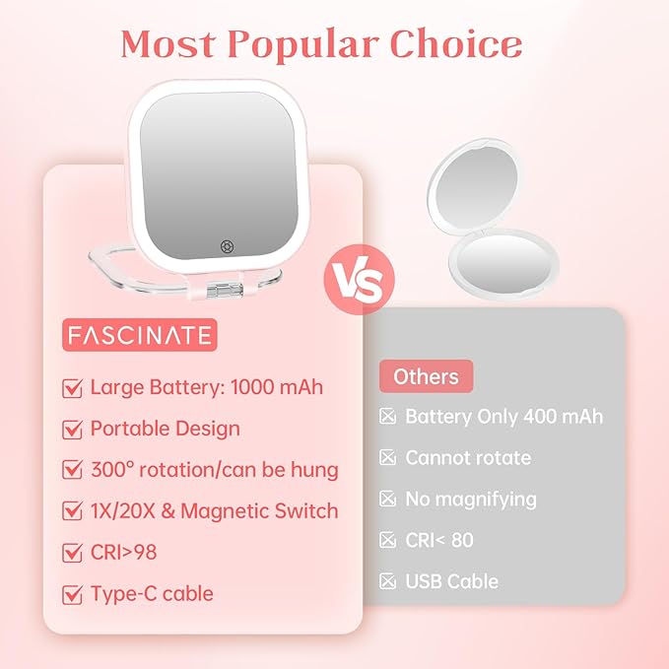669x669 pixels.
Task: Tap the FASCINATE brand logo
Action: [x=139, y=335]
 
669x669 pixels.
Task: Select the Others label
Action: [x=426, y=376]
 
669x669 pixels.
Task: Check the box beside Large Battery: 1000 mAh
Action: [x=72, y=388]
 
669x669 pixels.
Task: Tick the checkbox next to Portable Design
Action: [x=72, y=430]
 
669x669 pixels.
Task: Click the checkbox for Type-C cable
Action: [x=72, y=594]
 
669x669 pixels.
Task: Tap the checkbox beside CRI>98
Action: [x=72, y=553]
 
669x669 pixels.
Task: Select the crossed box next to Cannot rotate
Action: [x=388, y=458]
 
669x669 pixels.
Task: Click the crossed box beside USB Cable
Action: [x=388, y=581]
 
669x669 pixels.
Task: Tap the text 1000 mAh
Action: [x=276, y=387]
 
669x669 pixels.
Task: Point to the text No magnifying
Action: [x=471, y=500]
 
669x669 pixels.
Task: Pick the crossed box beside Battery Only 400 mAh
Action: [x=388, y=417]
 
